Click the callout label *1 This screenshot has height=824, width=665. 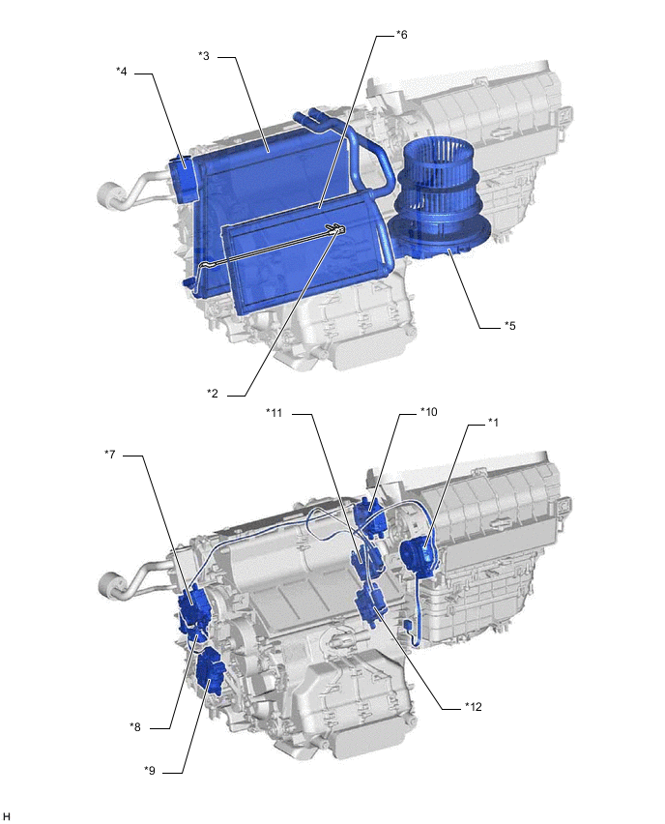click(493, 422)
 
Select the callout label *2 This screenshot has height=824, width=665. click(213, 393)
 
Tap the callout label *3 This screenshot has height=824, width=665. click(204, 56)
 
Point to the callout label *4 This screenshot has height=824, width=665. click(122, 72)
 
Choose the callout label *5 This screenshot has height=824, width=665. click(510, 326)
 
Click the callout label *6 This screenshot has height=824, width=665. click(401, 35)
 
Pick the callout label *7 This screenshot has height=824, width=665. click(109, 454)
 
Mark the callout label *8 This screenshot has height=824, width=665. click(135, 727)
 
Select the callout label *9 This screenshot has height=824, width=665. click(150, 771)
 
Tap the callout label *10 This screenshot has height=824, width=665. click(428, 411)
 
